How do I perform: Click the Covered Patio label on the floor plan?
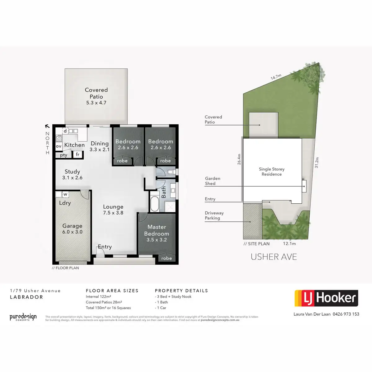96,96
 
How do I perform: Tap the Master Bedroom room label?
157,233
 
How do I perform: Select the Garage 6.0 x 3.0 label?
72,229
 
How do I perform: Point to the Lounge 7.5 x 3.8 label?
113,210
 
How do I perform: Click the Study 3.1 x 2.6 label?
72,174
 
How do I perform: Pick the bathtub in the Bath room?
154,203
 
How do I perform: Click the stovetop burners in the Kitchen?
59,138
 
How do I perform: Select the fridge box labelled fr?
77,154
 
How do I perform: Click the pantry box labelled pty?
64,155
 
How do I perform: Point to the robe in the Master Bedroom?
166,258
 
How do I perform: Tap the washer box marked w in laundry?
65,194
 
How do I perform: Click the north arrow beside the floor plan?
47,126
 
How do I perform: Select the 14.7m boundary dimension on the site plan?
276,77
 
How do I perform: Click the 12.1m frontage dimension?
289,244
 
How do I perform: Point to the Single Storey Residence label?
272,171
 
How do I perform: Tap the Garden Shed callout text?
213,181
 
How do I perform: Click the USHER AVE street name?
274,257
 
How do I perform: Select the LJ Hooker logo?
326,298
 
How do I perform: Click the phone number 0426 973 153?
346,314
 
